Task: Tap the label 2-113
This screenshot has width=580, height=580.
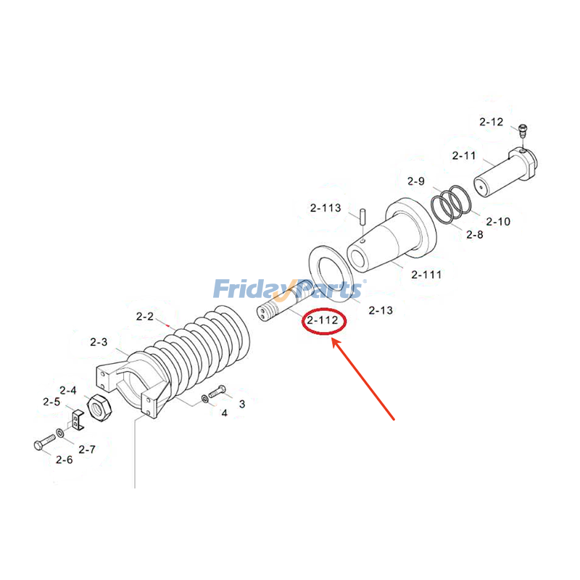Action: (x=325, y=208)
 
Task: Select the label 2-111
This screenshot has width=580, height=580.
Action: (x=426, y=274)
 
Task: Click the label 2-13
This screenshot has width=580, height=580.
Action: (x=380, y=310)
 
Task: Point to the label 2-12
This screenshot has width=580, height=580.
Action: (x=491, y=122)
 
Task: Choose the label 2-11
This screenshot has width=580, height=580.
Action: (x=464, y=156)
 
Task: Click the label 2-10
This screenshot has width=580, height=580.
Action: (x=497, y=221)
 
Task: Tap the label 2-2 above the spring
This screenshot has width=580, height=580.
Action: (x=145, y=316)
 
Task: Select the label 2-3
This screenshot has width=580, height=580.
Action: (x=99, y=341)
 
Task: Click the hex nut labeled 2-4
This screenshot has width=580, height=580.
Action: (x=98, y=409)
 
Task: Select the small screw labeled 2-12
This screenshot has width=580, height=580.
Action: (x=523, y=132)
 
